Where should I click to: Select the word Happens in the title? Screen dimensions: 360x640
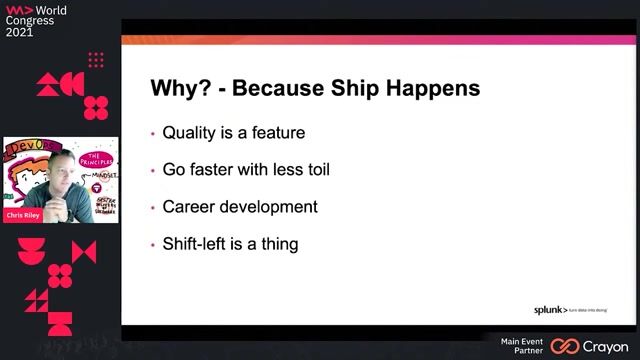click(x=436, y=88)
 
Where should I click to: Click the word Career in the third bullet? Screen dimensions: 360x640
click(x=188, y=207)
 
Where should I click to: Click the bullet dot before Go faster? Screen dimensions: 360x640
click(x=152, y=170)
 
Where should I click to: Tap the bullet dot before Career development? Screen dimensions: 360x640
click(x=152, y=208)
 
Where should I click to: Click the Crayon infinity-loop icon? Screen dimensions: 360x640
click(x=565, y=346)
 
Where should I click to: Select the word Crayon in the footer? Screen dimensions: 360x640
click(x=605, y=346)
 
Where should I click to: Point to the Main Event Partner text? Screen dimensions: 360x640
click(x=521, y=346)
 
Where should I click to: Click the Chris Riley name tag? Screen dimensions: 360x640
click(x=23, y=214)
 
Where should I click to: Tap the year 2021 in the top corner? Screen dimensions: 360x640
click(x=20, y=32)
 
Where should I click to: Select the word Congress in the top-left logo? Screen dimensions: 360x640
click(x=30, y=19)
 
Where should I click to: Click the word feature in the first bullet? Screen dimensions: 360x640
click(x=276, y=132)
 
